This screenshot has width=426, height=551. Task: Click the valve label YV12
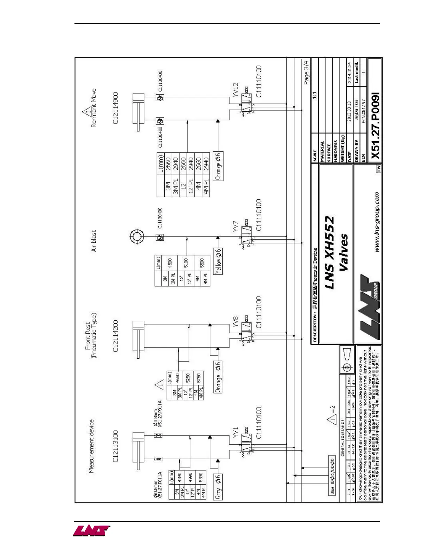(236, 90)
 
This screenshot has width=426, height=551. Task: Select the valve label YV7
(236, 226)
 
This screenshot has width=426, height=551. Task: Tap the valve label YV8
(236, 321)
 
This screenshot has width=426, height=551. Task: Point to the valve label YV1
(236, 432)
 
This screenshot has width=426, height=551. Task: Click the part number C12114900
(116, 108)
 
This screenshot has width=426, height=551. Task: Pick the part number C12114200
(116, 336)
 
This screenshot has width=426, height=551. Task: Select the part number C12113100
(116, 446)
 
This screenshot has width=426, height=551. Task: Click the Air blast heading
(93, 241)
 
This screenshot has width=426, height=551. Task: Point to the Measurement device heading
(91, 446)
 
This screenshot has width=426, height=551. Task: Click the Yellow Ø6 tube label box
(218, 261)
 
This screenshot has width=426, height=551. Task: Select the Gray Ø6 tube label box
(218, 487)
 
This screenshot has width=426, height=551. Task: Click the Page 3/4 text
(306, 73)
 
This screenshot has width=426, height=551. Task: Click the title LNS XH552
(329, 253)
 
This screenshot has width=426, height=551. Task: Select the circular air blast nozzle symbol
(136, 237)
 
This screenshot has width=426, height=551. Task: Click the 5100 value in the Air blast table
(186, 263)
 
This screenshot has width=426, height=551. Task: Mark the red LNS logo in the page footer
(91, 531)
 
